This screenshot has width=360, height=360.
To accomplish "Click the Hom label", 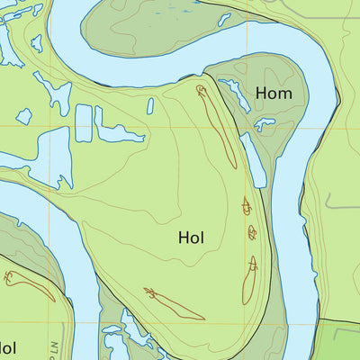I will pos(273,93).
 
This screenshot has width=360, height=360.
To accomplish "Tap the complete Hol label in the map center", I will pos(191,238).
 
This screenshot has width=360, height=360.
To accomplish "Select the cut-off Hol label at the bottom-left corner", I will pos(7,347).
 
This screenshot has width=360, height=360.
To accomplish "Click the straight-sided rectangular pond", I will pos(84,123).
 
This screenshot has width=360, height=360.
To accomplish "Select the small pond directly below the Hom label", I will pos(264,124).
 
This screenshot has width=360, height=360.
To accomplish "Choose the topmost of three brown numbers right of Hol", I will pos(247,206).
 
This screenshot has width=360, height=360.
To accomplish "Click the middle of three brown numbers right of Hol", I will pos(252,234).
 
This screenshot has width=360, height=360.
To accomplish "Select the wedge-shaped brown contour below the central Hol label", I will pos(175,304).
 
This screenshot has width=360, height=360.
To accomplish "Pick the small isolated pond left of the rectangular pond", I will pos(24,116).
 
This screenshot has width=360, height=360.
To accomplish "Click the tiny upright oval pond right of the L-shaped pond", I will pos(150,106).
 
